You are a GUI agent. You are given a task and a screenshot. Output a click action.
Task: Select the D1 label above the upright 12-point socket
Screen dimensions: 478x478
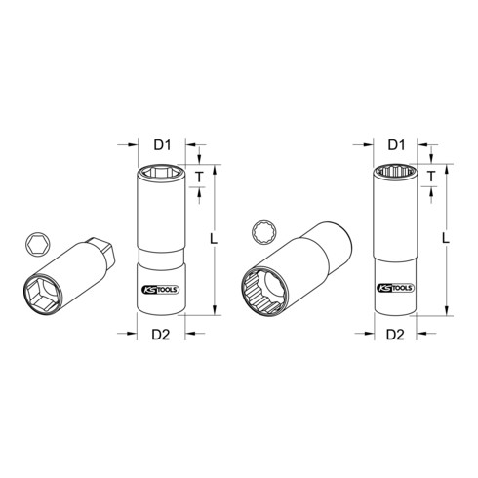[x=397, y=144]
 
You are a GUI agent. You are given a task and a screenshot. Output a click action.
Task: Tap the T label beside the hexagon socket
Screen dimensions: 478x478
[x=201, y=177]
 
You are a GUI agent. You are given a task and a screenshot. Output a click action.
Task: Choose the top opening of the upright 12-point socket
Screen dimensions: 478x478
[x=397, y=174]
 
